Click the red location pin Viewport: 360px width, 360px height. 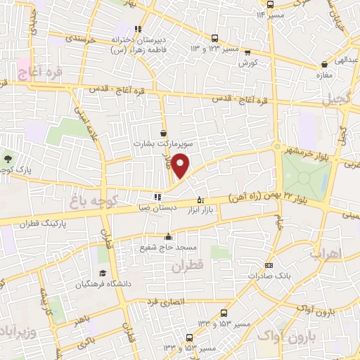[x=181, y=166]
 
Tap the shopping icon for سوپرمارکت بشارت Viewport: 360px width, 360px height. [x=164, y=132]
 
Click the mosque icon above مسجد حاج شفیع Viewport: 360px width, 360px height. [x=167, y=236]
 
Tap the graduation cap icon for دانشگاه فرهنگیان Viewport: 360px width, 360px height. [x=103, y=273]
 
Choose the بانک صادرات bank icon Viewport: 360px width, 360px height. [x=269, y=265]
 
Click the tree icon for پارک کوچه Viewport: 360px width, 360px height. [x=8, y=159]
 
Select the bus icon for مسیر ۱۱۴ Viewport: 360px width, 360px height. [x=270, y=4]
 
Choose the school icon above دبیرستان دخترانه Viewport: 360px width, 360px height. [x=139, y=30]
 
